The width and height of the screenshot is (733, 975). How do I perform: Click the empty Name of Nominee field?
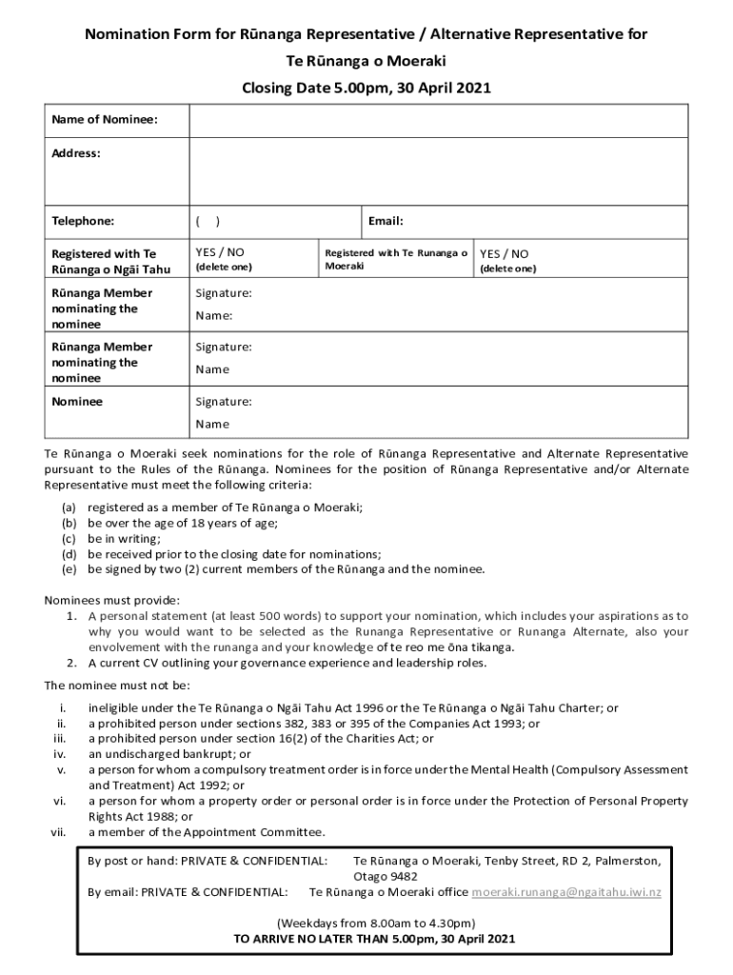tap(438, 121)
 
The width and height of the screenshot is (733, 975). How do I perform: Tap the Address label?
tap(76, 153)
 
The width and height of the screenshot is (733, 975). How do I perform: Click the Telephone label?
tap(83, 221)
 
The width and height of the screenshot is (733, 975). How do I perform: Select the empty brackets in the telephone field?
tap(208, 221)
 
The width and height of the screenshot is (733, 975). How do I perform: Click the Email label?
tap(386, 221)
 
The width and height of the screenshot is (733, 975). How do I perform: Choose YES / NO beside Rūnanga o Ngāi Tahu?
tap(220, 252)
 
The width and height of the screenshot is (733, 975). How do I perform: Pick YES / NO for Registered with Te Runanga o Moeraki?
tap(504, 254)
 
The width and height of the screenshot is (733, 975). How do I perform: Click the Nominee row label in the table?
tap(77, 402)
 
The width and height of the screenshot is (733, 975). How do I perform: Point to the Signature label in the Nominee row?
tap(224, 402)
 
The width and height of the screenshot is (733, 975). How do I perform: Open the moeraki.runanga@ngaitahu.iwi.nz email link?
tap(566, 892)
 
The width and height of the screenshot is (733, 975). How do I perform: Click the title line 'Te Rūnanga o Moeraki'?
tap(366, 62)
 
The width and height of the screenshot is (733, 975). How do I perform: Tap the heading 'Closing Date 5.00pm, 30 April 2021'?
tap(366, 89)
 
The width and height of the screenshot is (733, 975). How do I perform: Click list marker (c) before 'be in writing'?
tap(69, 538)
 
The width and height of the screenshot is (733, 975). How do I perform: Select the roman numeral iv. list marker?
tap(60, 753)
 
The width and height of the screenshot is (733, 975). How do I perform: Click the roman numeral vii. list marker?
tap(58, 832)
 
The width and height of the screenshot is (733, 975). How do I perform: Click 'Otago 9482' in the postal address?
tap(385, 876)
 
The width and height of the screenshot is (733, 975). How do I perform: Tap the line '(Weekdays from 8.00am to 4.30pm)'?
tap(375, 923)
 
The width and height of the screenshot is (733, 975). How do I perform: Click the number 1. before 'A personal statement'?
tap(71, 616)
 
